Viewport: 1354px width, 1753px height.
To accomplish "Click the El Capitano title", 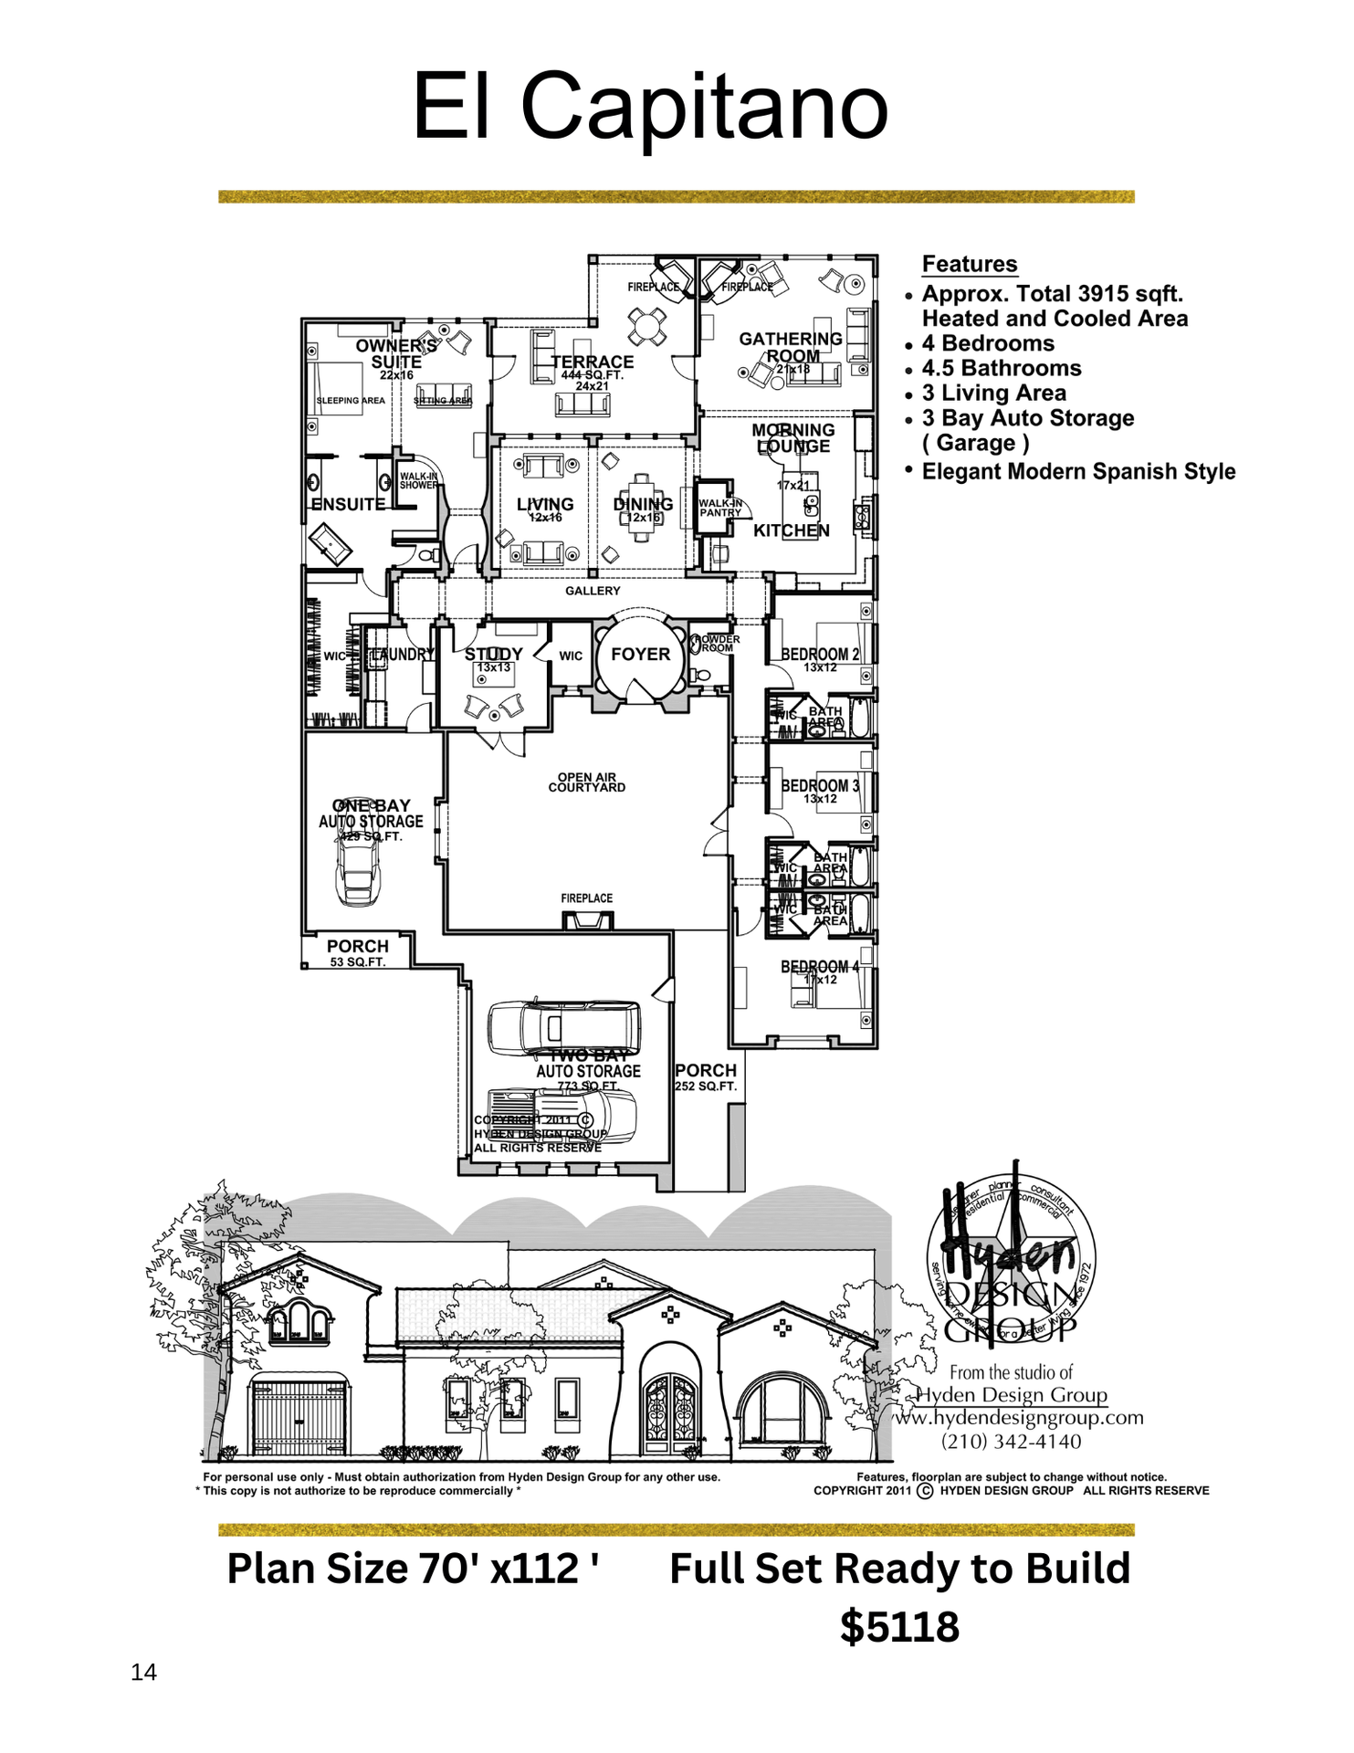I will tap(650, 107).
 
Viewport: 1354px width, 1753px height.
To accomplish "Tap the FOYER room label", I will tap(640, 655).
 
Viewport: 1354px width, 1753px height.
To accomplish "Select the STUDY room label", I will tap(493, 655).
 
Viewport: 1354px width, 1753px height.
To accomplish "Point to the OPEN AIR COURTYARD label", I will tap(586, 782).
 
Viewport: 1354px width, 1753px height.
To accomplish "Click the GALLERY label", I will tap(592, 591).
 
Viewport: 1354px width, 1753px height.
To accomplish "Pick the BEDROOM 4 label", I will tap(819, 967).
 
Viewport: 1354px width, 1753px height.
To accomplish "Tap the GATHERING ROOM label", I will tap(791, 347).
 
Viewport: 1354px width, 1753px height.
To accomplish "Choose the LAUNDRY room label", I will tap(401, 655).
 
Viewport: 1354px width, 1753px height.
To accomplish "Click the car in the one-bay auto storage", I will tap(358, 867).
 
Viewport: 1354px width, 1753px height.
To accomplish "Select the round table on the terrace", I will tap(646, 326).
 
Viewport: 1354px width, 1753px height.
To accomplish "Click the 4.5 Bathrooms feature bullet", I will tap(1001, 368).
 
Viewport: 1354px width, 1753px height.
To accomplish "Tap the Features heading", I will tap(969, 264).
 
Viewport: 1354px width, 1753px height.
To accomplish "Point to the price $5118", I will tap(899, 1627).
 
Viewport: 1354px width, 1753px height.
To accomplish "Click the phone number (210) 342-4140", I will tap(1011, 1442).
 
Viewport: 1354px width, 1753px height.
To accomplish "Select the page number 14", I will tap(143, 1672).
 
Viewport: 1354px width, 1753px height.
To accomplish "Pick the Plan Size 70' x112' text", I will tap(413, 1569).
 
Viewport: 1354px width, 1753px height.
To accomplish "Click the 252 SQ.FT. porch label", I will tap(705, 1086).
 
